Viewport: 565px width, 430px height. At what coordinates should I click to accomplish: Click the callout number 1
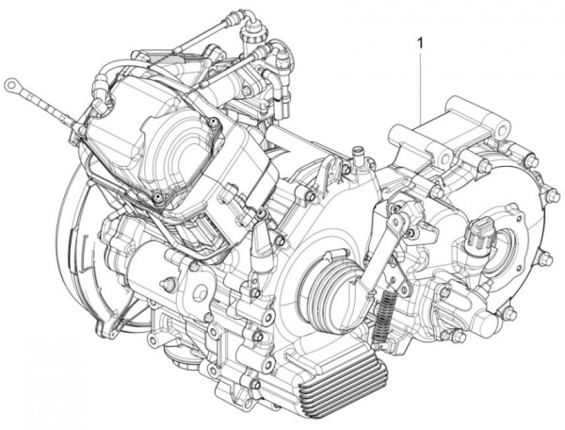[x=419, y=42]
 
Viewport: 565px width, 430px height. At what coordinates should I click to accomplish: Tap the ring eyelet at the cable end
[x=12, y=85]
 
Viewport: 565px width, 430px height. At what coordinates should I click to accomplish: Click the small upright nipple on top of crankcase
[x=357, y=155]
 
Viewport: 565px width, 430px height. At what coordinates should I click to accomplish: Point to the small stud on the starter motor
[x=167, y=284]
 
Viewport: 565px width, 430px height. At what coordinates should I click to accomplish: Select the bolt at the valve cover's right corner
[x=217, y=123]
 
